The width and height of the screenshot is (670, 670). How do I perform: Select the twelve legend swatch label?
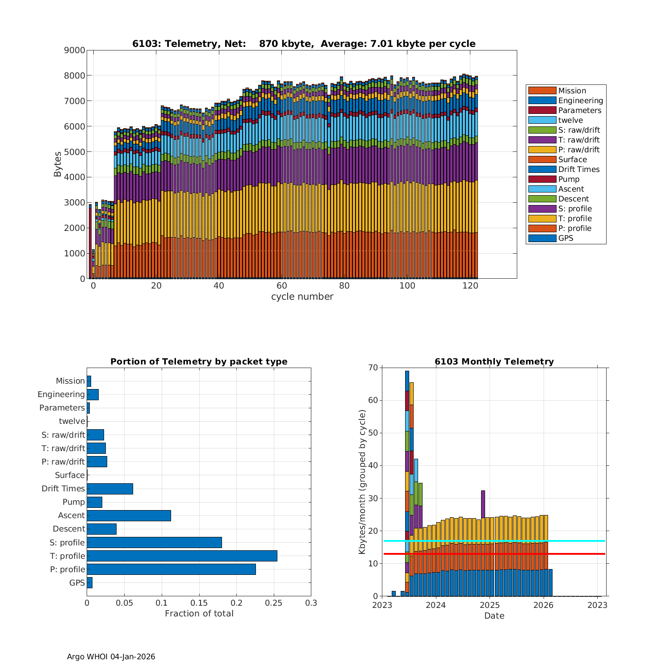pos(570,120)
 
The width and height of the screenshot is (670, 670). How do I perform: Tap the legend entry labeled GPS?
pos(565,238)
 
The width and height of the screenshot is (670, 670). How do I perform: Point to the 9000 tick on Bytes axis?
pos(75,50)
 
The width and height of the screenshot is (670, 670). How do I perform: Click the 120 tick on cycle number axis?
pos(470,286)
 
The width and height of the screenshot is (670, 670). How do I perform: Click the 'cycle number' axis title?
pos(302,297)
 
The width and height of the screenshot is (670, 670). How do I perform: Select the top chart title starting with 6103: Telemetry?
pos(304,44)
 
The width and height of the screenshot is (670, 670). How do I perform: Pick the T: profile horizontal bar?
pos(182,556)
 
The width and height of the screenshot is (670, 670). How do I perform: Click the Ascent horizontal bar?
pos(129,515)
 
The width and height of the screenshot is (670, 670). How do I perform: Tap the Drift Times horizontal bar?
pos(110,489)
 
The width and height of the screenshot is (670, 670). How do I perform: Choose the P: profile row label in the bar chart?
pos(67,569)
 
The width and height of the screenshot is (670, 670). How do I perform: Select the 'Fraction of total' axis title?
pos(199,614)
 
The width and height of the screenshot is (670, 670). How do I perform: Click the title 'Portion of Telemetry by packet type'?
pos(199,362)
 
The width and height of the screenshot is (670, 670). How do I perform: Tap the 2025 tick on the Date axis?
pos(490,605)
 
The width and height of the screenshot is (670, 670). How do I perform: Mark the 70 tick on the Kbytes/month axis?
pos(373,368)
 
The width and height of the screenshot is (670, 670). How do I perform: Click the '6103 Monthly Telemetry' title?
pos(494,362)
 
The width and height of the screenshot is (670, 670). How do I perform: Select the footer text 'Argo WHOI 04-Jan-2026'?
pos(111,657)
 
